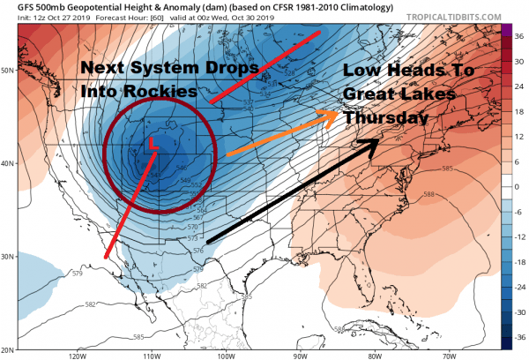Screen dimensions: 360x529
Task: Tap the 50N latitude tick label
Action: pos(8,69)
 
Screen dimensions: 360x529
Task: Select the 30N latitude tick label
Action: pos(8,257)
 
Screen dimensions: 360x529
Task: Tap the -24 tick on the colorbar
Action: pos(519,286)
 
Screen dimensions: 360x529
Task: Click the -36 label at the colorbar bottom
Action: pos(519,335)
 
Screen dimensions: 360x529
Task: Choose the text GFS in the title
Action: pos(13,7)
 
